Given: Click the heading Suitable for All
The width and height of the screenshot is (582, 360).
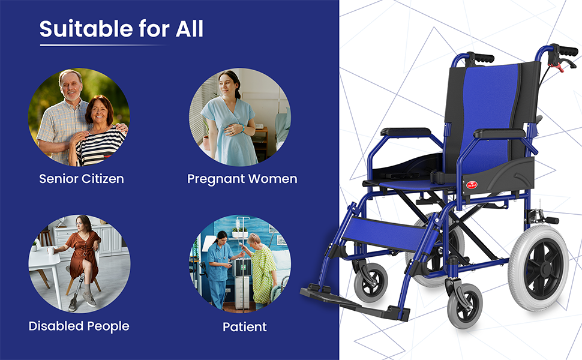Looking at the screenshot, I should [121, 28].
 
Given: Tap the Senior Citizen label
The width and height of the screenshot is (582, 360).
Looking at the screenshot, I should [82, 179].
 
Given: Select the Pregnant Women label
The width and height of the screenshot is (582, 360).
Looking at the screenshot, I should [242, 179].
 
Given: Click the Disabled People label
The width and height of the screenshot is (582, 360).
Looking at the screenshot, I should [79, 326].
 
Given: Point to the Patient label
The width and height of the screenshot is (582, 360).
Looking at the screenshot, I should [244, 327].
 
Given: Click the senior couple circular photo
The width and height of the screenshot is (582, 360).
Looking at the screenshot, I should [79, 116].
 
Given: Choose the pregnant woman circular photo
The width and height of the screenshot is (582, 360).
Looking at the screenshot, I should [240, 116].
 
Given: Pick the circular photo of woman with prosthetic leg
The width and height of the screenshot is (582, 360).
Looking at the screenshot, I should [79, 264].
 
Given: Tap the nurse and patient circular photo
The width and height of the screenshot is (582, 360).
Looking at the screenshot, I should [240, 264].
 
